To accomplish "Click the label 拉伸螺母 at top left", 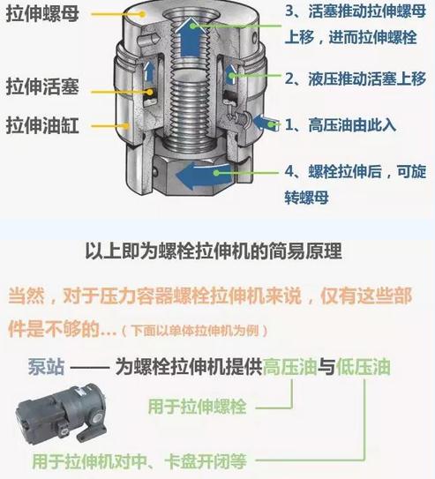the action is [x=42, y=14].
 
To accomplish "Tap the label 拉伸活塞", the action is [x=42, y=86].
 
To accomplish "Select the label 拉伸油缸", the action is [x=42, y=125].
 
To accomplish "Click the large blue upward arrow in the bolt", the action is [x=191, y=37].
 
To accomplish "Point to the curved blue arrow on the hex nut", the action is [x=203, y=176].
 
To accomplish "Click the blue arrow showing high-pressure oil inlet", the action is [x=266, y=123].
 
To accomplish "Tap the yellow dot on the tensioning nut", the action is [x=142, y=14].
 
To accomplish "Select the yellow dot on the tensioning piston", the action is [x=150, y=92].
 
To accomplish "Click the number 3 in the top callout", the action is [x=289, y=11].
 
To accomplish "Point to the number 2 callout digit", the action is [x=289, y=79].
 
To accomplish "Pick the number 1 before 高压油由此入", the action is [x=289, y=124].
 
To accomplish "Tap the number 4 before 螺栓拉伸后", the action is [x=289, y=171].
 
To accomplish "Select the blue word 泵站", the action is [x=47, y=366].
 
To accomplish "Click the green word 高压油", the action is [x=289, y=366].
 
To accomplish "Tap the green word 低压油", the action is [x=364, y=366].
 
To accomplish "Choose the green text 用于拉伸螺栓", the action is [x=197, y=407].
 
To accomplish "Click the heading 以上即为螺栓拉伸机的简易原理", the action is [x=214, y=251].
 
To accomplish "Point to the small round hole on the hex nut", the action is [x=155, y=172].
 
